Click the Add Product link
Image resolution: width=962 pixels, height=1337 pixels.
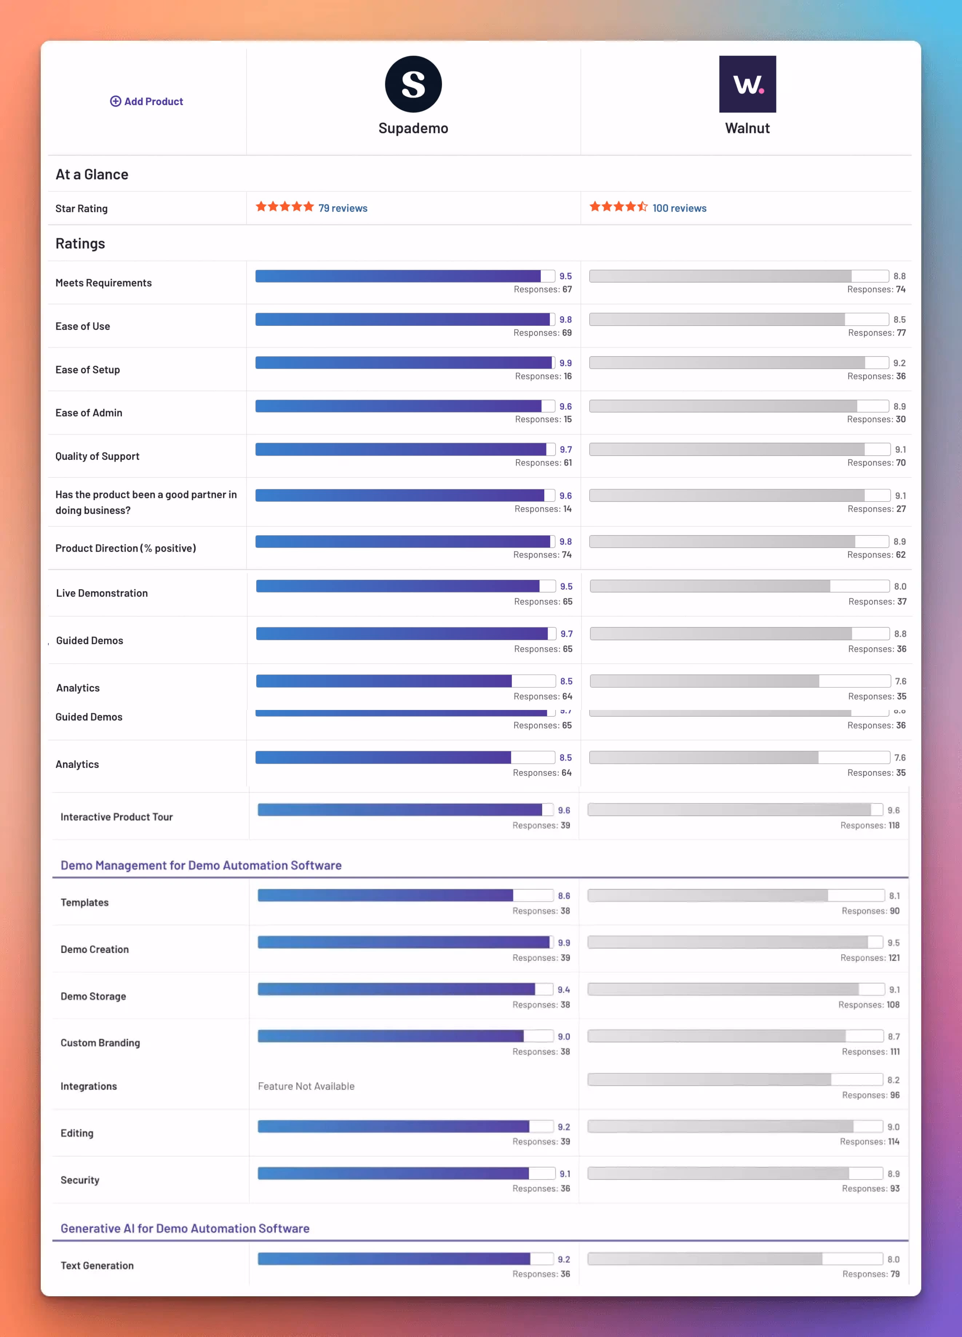(147, 101)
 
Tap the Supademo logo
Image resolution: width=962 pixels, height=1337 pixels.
(413, 84)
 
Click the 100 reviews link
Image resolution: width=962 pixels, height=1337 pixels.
(679, 208)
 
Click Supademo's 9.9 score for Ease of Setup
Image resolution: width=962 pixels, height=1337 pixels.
(565, 363)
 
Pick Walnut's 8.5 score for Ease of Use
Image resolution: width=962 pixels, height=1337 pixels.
(899, 319)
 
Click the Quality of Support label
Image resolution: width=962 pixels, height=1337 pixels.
(97, 456)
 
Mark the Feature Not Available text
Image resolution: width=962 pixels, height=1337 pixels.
(306, 1086)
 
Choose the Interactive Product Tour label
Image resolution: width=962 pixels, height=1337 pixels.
(116, 817)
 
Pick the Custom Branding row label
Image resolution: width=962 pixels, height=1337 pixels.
(100, 1042)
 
